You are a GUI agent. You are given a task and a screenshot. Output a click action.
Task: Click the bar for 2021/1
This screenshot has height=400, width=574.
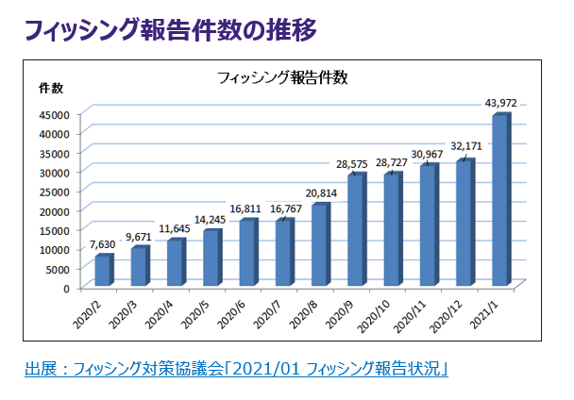(500, 201)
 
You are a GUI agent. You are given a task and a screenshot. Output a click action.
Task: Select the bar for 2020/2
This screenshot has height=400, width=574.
(103, 272)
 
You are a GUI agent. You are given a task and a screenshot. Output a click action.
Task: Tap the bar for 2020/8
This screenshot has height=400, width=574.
(320, 245)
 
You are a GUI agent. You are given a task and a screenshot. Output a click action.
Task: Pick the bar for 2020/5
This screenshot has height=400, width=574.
(211, 258)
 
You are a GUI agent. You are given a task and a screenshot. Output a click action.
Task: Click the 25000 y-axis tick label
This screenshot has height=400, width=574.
(54, 191)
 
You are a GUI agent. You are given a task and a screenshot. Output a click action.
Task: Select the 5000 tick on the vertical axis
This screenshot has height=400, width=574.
(57, 268)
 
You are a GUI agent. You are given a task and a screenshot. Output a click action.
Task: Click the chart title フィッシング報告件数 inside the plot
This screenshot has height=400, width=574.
(276, 77)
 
